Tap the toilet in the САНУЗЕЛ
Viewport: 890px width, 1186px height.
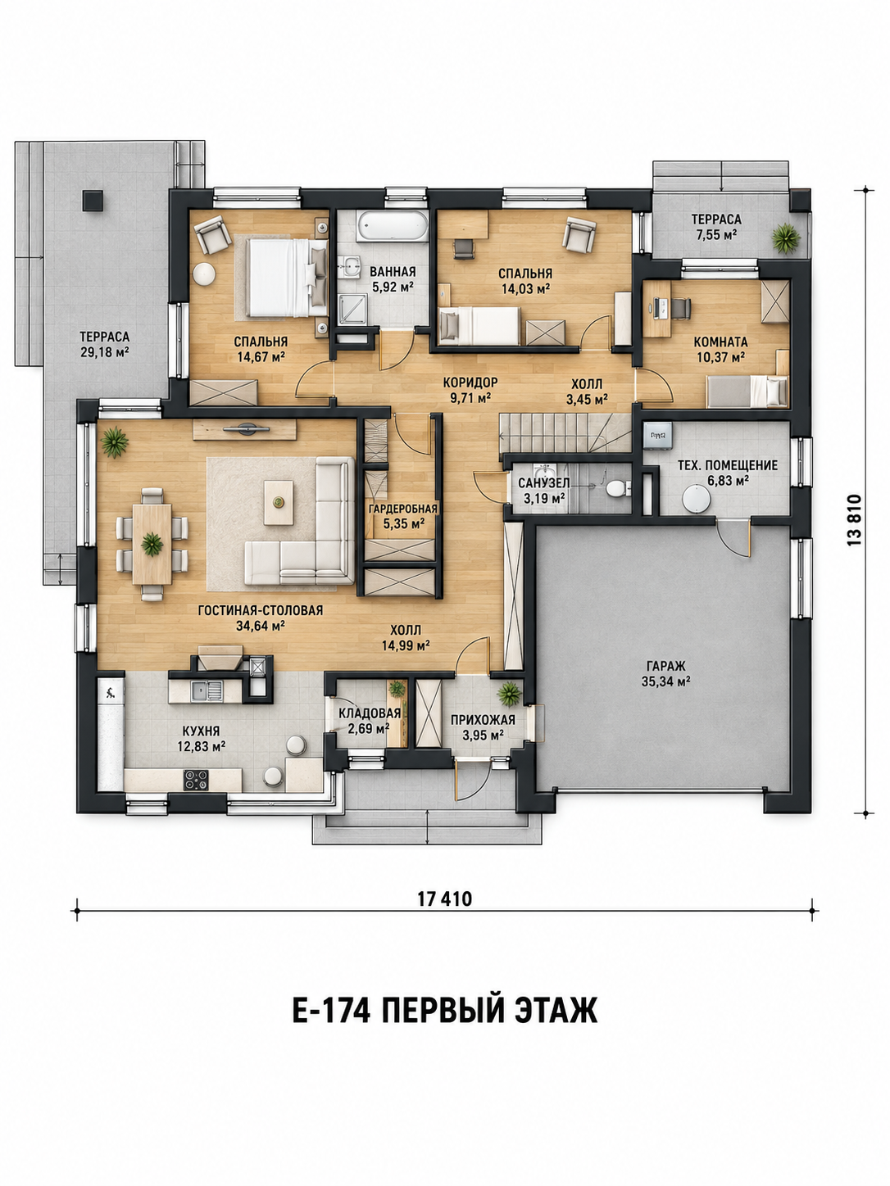point(616,489)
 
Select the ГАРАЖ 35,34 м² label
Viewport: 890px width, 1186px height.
point(665,673)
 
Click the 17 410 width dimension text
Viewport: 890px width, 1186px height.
point(445,899)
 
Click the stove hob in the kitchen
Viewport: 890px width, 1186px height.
point(196,780)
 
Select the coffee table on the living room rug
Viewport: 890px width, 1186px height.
point(279,503)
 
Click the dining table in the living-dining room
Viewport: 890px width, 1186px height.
point(152,544)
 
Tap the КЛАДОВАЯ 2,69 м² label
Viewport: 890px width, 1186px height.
point(370,721)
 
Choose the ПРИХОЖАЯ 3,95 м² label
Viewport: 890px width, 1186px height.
point(483,727)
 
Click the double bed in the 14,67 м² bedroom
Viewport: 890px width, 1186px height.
point(287,278)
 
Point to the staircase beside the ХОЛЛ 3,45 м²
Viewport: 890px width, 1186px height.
point(565,432)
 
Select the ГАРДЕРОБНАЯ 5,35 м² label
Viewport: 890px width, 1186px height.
point(402,515)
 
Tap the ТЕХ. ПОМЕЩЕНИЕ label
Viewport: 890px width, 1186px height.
point(728,465)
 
